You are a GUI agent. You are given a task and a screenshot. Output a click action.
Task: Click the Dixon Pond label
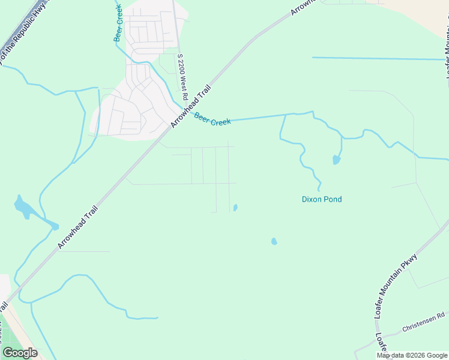tap(321, 199)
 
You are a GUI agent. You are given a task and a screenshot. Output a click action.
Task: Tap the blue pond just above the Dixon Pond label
tap(336, 160)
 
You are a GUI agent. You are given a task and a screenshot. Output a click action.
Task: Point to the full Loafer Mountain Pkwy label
tap(395, 285)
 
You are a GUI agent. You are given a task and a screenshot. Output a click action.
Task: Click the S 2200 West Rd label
tap(182, 77)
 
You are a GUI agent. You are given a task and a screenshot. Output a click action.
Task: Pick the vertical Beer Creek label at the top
tap(118, 23)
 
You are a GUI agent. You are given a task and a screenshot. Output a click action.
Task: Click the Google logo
tap(20, 353)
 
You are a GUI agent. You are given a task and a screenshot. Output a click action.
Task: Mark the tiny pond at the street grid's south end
tap(235, 208)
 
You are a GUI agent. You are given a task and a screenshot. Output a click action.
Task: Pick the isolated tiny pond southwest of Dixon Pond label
tap(274, 241)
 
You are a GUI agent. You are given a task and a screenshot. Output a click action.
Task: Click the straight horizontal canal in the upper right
tap(378, 58)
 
